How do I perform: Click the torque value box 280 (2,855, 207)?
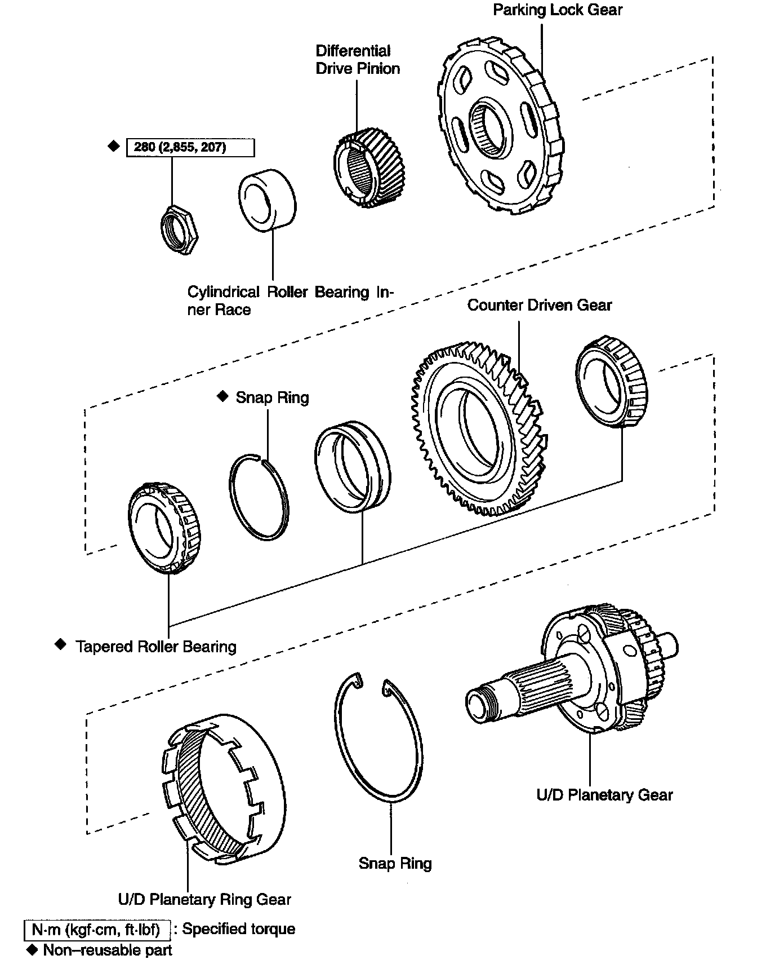click(190, 148)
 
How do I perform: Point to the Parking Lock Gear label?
click(558, 10)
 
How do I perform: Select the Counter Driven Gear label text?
click(539, 305)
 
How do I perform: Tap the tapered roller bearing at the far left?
click(164, 528)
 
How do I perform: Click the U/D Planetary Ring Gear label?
click(204, 899)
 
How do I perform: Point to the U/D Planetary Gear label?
click(604, 795)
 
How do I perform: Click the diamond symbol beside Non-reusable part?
click(31, 950)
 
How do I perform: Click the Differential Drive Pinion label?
click(358, 60)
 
